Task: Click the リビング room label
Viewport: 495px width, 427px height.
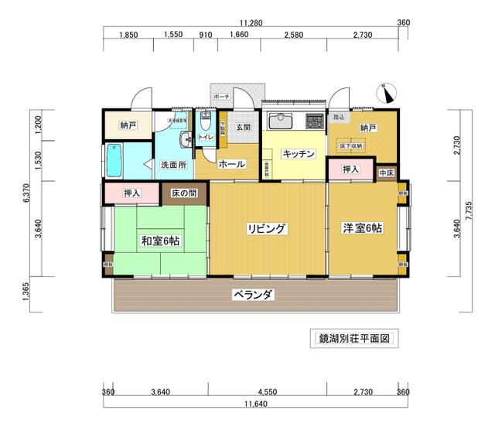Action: click(x=267, y=228)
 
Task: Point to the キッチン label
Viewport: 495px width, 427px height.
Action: click(x=298, y=154)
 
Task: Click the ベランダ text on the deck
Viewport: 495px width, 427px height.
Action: click(x=254, y=295)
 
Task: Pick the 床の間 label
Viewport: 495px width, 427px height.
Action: click(x=184, y=193)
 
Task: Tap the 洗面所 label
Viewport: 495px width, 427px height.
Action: click(x=173, y=165)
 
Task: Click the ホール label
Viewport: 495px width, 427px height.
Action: click(x=231, y=164)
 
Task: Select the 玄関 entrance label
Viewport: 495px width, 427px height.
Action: click(x=243, y=127)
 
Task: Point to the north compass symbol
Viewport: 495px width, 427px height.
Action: click(x=387, y=92)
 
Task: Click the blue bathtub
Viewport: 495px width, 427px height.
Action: click(x=114, y=162)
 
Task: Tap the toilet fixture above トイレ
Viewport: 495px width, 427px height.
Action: click(x=205, y=121)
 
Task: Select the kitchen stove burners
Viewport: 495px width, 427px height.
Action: click(x=315, y=121)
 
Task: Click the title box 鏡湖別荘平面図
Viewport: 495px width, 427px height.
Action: click(x=353, y=339)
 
